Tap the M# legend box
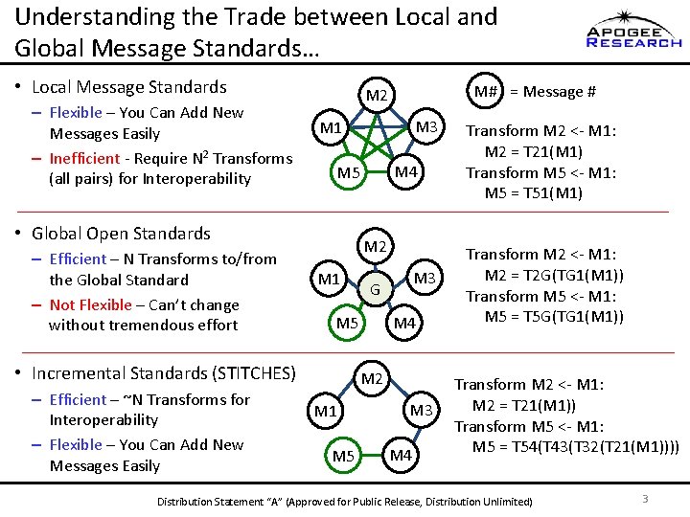tap(485, 91)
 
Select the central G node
tap(376, 289)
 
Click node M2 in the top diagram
tap(377, 95)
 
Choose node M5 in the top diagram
tap(348, 173)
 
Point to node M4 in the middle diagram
tap(404, 324)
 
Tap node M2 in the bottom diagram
tap(373, 378)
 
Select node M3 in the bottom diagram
tap(423, 411)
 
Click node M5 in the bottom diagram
tap(344, 456)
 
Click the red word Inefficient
tap(84, 159)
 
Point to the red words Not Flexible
tap(90, 304)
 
